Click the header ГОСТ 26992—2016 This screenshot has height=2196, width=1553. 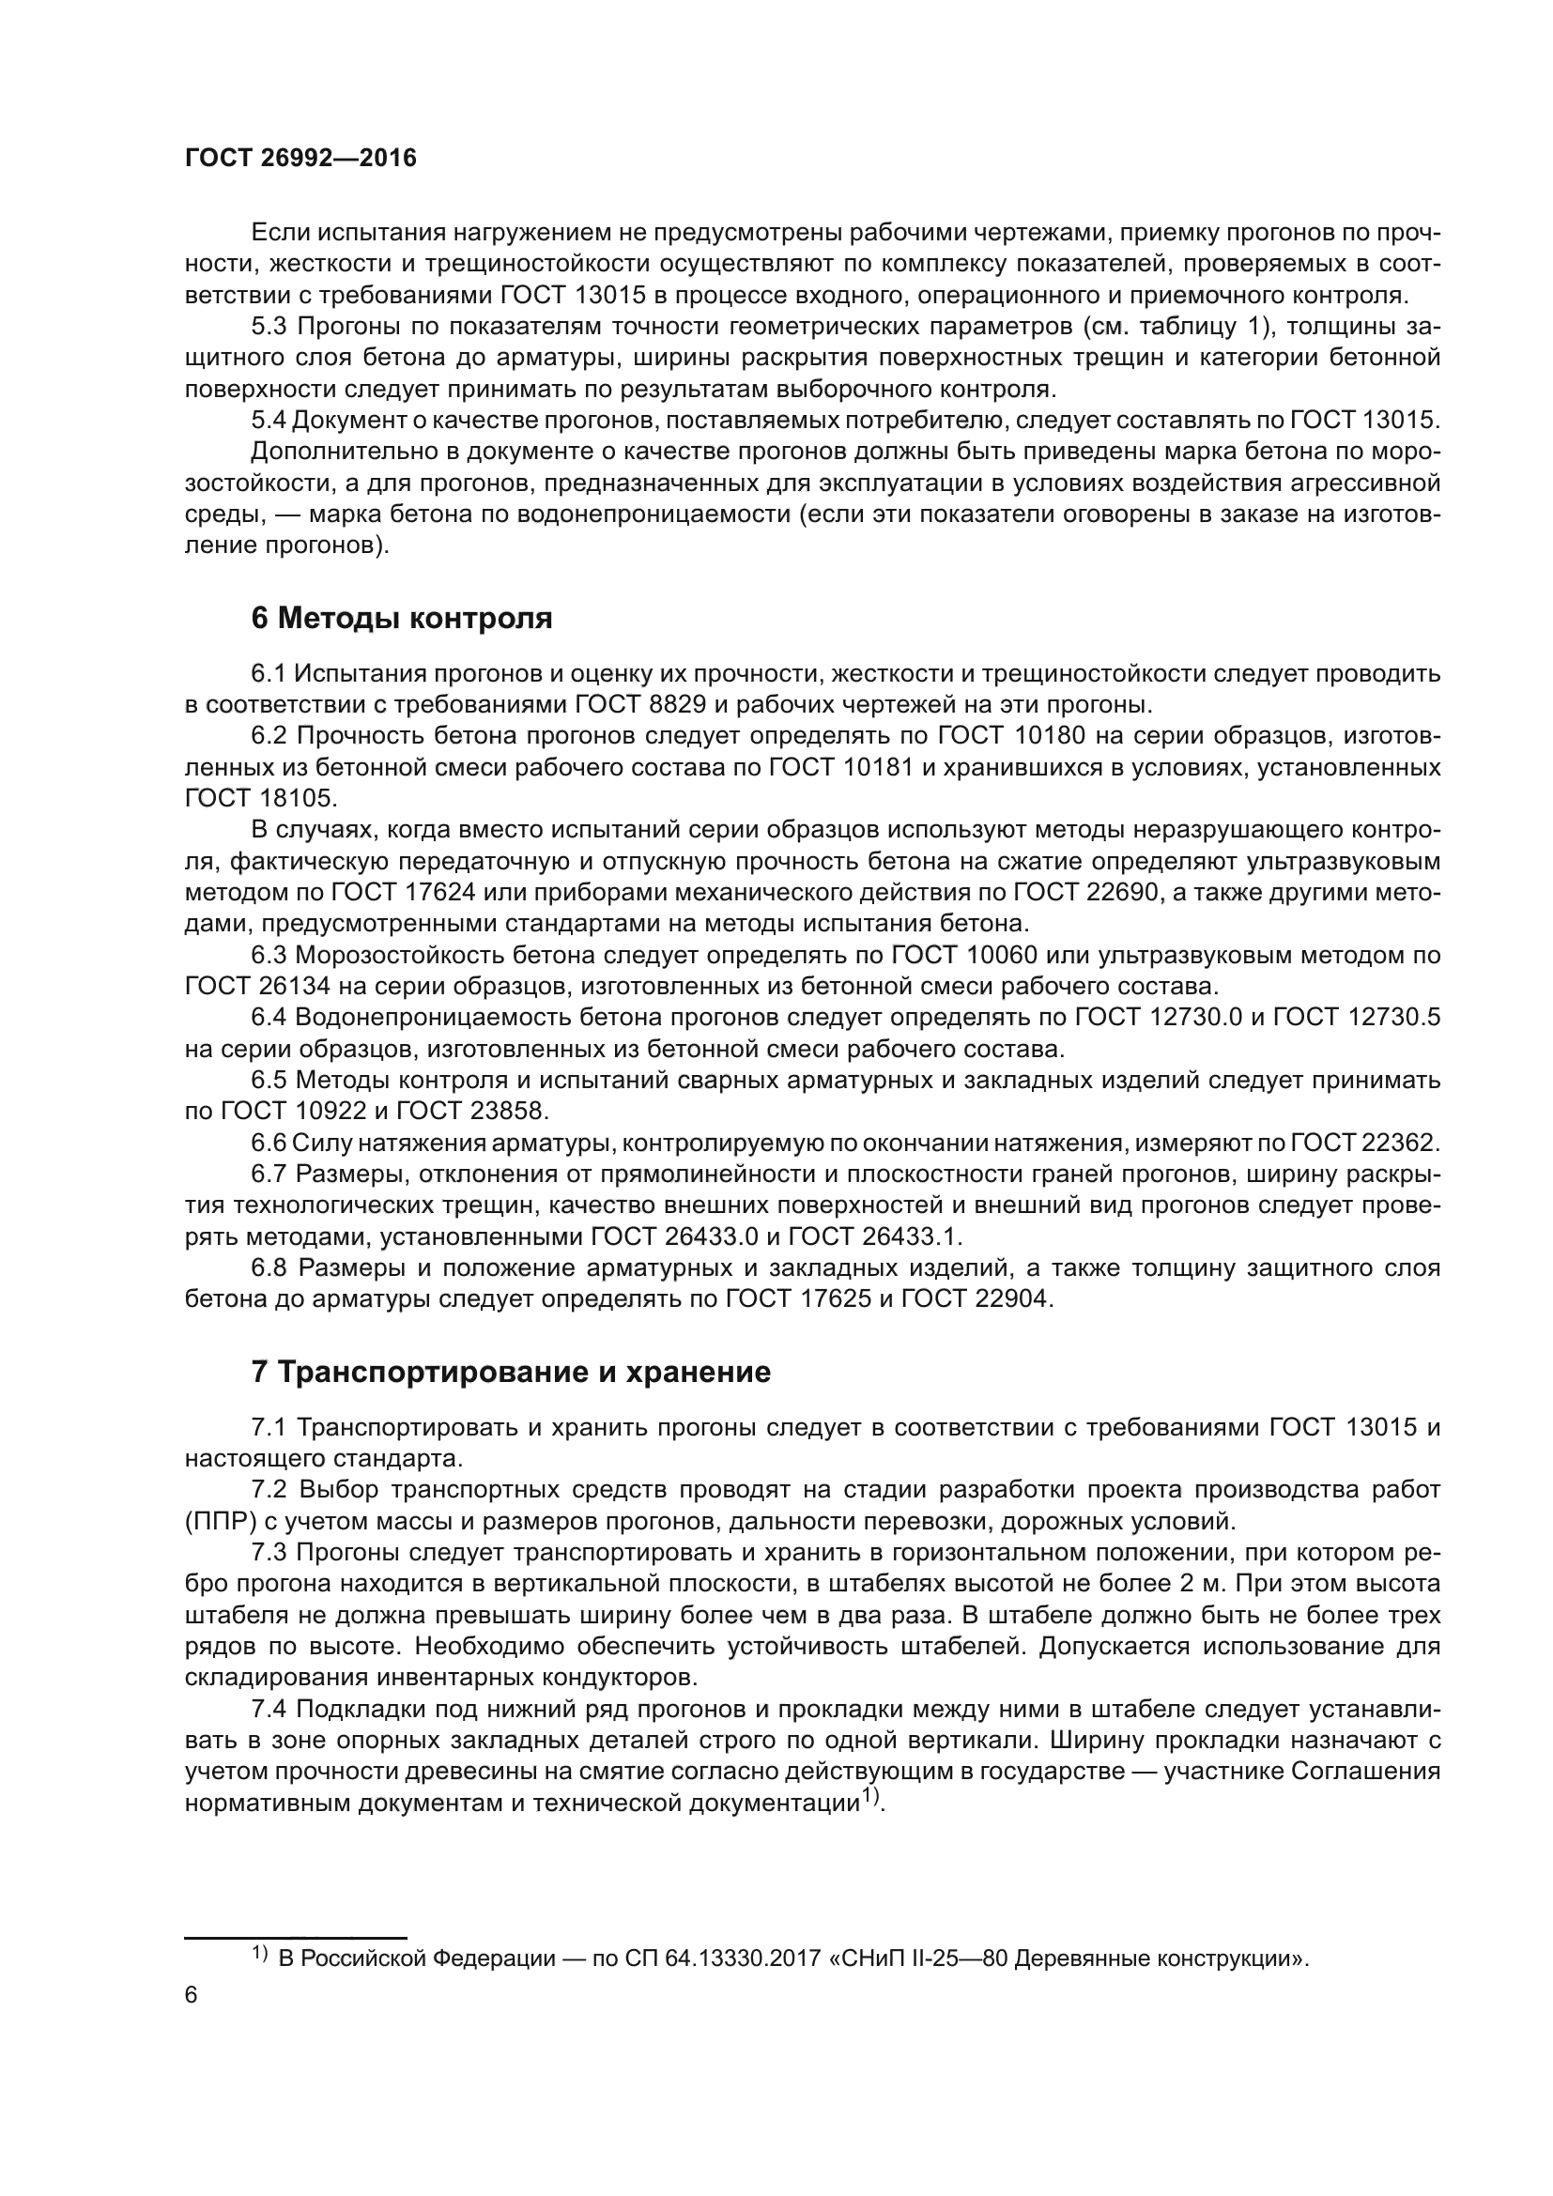coord(300,158)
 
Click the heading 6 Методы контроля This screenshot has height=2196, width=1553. coord(402,619)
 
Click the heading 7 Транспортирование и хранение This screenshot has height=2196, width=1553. coord(511,1373)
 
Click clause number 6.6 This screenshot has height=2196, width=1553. coord(269,1143)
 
